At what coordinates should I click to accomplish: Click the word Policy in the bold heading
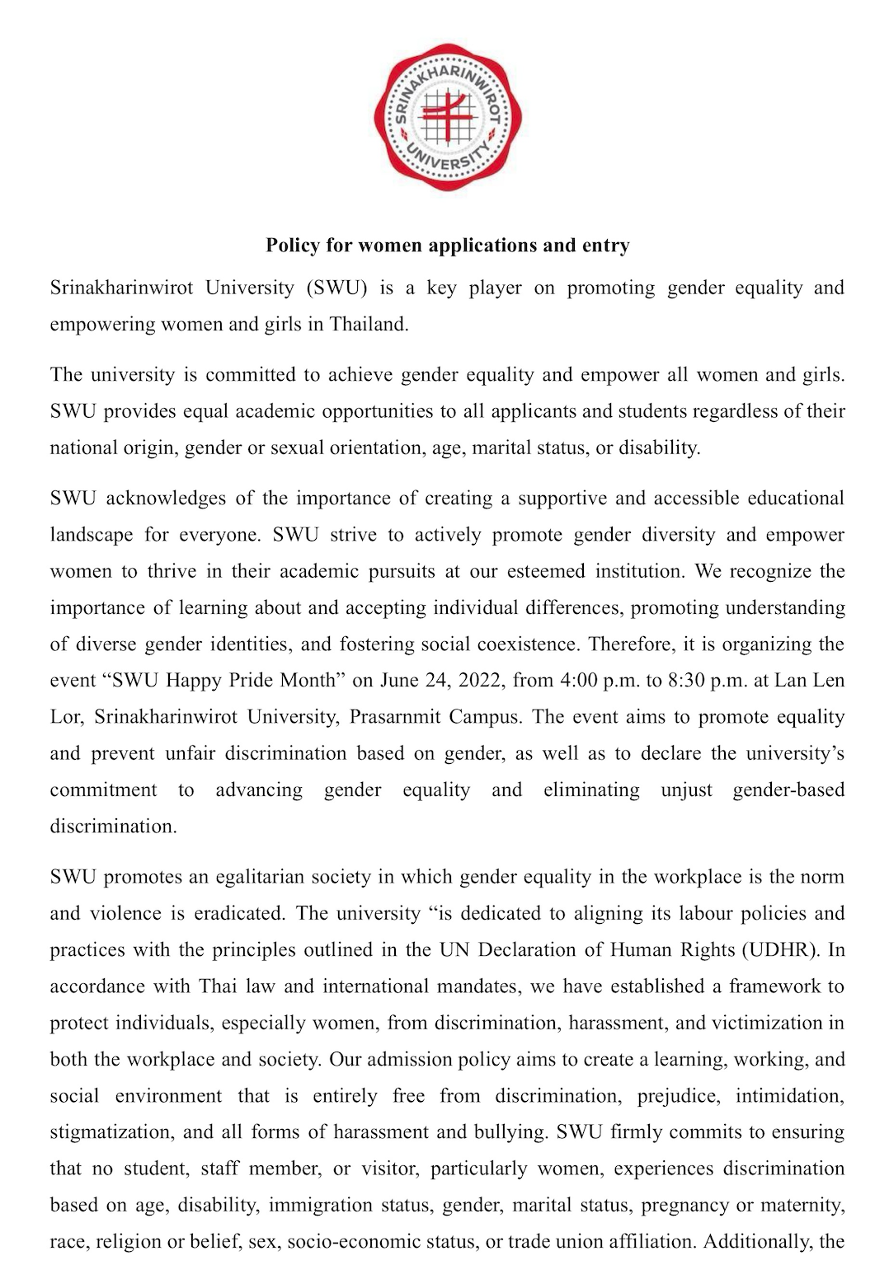[x=291, y=246]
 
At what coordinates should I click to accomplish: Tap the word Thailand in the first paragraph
[x=369, y=325]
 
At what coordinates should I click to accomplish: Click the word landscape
[x=92, y=536]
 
